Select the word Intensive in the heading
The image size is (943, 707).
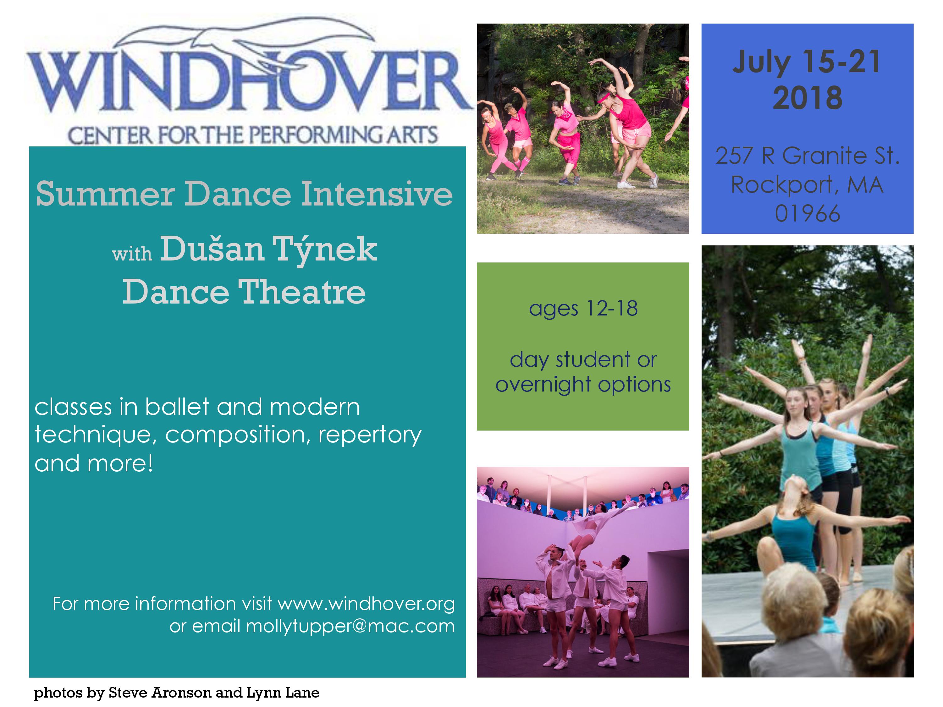[377, 194]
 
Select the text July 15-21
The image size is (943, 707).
[807, 62]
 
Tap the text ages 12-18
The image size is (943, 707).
[583, 309]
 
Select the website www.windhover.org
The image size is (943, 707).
[366, 604]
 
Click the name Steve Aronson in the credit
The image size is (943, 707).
[160, 693]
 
